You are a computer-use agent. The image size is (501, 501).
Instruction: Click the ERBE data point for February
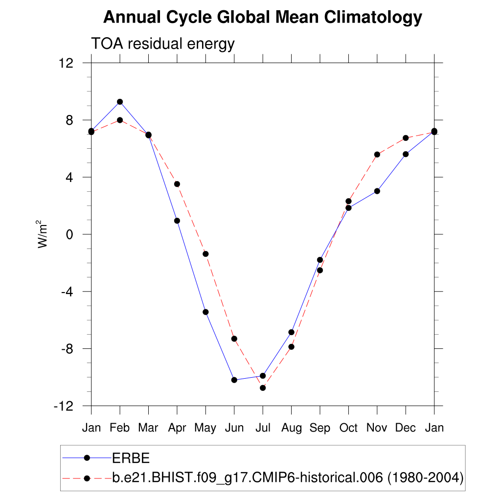pyautogui.click(x=120, y=102)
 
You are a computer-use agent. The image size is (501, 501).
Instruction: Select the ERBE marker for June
pyautogui.click(x=234, y=380)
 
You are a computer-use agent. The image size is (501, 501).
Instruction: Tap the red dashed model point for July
pyautogui.click(x=263, y=387)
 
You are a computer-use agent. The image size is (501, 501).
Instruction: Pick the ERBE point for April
pyautogui.click(x=177, y=221)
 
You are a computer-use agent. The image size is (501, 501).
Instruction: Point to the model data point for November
pyautogui.click(x=377, y=155)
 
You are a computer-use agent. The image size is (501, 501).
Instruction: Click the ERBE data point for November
pyautogui.click(x=377, y=191)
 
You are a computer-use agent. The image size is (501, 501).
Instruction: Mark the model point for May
pyautogui.click(x=205, y=254)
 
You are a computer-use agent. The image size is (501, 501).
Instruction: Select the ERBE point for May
pyautogui.click(x=205, y=312)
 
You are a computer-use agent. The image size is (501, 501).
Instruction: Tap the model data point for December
pyautogui.click(x=406, y=138)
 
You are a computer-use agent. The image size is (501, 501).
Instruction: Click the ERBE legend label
pyautogui.click(x=131, y=458)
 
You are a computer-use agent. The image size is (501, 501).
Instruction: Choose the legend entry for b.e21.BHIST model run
pyautogui.click(x=288, y=478)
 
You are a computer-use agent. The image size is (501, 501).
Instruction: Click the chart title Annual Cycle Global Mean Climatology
pyautogui.click(x=263, y=18)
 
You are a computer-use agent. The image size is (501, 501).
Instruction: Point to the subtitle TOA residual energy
pyautogui.click(x=163, y=44)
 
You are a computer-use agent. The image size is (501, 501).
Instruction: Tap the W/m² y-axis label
pyautogui.click(x=44, y=234)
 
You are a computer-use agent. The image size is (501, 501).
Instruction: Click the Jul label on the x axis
pyautogui.click(x=263, y=428)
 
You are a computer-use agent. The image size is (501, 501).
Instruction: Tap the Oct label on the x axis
pyautogui.click(x=348, y=428)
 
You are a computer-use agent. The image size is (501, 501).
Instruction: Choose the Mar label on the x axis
pyautogui.click(x=148, y=428)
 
